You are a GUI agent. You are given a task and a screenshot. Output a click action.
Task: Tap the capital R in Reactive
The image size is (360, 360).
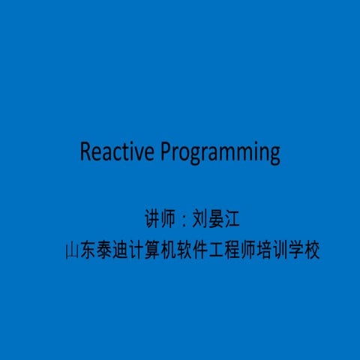(x=86, y=152)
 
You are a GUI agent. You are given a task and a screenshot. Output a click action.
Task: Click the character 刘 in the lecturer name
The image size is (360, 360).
(x=199, y=220)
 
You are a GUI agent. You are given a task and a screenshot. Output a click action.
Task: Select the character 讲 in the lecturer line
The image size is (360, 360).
(x=151, y=220)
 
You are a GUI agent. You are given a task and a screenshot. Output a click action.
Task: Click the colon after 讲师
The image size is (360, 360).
(x=182, y=220)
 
